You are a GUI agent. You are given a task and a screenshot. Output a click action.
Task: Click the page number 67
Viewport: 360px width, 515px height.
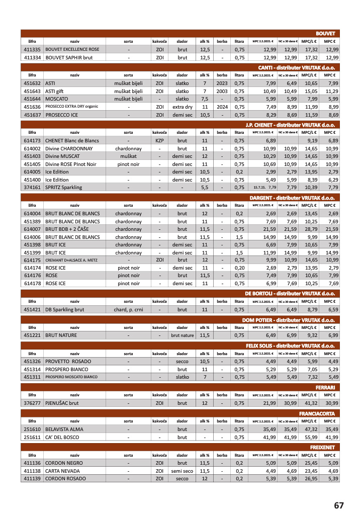(x=338, y=505)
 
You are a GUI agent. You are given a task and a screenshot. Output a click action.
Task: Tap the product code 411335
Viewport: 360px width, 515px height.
(x=32, y=50)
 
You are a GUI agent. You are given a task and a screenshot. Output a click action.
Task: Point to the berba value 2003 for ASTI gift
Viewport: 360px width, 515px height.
(x=222, y=91)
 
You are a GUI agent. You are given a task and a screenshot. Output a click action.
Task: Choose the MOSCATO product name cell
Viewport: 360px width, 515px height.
(x=56, y=99)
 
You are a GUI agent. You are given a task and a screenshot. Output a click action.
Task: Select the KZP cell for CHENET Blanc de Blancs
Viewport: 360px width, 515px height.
(x=159, y=140)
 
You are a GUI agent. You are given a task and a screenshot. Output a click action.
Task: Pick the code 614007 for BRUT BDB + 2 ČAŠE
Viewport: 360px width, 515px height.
(x=32, y=229)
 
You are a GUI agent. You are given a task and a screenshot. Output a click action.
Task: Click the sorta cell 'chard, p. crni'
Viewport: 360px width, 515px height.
(x=129, y=310)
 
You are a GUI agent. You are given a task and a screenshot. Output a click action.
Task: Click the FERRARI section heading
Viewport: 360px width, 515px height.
(x=325, y=387)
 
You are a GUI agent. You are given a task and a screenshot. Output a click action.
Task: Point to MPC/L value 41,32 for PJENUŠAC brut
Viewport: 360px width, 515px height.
(x=312, y=403)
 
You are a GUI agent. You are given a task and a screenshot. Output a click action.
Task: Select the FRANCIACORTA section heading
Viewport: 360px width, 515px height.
(x=317, y=413)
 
